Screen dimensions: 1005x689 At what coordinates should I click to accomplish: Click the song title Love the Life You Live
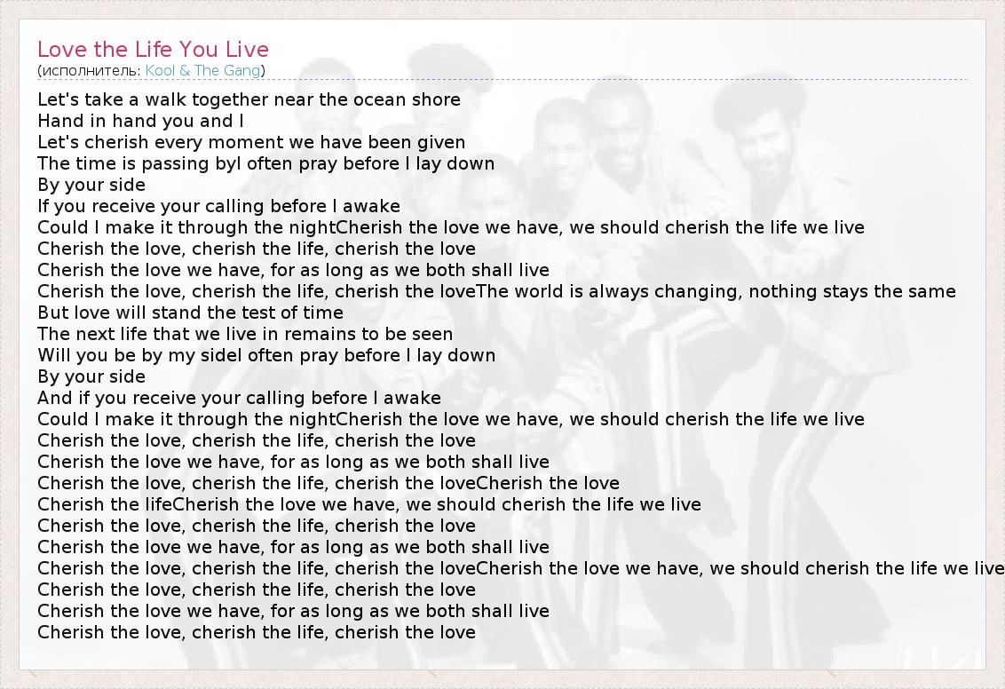pos(154,50)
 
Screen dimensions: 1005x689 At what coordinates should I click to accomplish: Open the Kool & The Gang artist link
pos(202,70)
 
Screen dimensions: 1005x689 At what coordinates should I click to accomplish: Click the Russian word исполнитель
pos(91,71)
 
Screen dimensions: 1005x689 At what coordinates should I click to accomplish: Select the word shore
pos(435,100)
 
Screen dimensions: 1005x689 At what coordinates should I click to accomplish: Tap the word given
pos(441,143)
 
